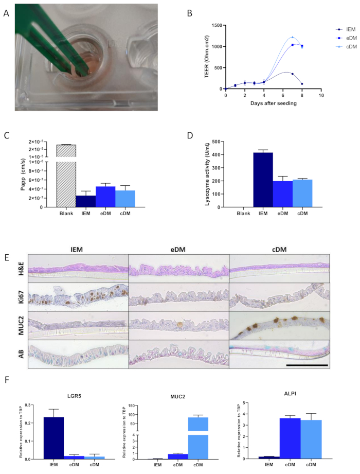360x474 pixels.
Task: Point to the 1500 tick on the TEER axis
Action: point(216,25)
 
